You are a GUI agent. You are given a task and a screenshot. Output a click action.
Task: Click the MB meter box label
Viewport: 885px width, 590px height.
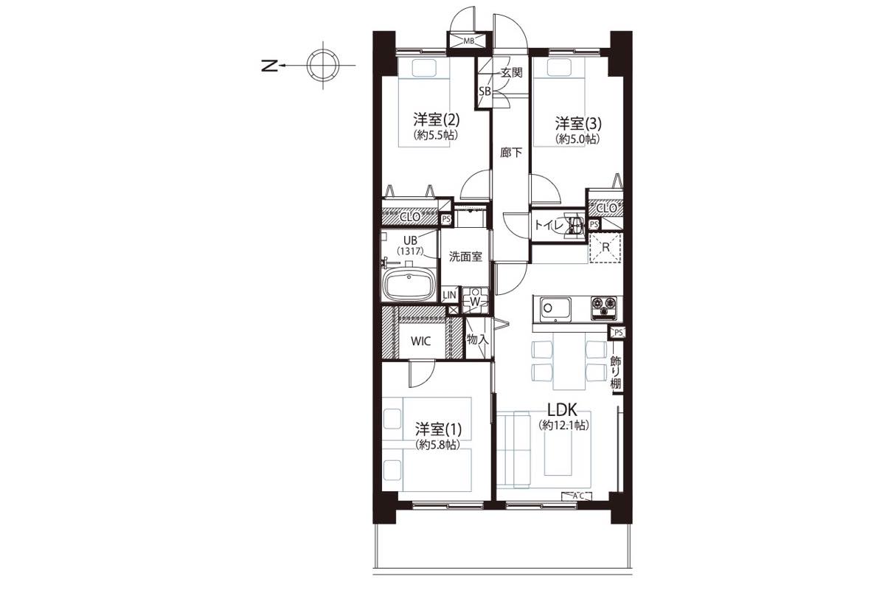click(468, 41)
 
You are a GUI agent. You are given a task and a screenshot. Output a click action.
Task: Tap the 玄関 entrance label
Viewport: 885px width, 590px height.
click(511, 72)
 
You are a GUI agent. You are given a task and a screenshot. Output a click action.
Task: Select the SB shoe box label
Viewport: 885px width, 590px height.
click(485, 91)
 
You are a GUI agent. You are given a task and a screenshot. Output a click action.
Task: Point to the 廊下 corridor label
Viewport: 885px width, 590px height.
click(511, 153)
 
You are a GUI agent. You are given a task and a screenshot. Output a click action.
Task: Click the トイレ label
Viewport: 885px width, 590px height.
click(549, 225)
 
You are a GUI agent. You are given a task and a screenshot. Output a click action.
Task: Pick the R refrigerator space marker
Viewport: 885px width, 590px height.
click(605, 248)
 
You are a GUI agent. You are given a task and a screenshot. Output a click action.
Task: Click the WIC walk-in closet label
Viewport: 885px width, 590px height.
click(421, 341)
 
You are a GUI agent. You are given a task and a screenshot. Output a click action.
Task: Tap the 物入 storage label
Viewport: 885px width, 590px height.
click(478, 339)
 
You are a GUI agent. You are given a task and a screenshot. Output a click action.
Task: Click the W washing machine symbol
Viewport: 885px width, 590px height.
click(475, 301)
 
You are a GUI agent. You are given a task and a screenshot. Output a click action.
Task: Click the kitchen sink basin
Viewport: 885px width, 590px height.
click(555, 308)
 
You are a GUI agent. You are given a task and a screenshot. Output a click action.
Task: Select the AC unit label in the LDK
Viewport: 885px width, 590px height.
click(577, 496)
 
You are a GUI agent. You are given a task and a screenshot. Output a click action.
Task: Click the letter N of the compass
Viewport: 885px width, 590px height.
click(269, 66)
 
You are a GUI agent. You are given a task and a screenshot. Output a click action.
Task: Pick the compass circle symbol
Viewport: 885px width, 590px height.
click(323, 66)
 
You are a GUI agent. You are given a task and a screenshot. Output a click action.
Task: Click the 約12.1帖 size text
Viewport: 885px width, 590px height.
click(563, 426)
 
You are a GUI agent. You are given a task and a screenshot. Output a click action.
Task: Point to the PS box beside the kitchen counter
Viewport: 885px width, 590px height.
click(618, 333)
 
